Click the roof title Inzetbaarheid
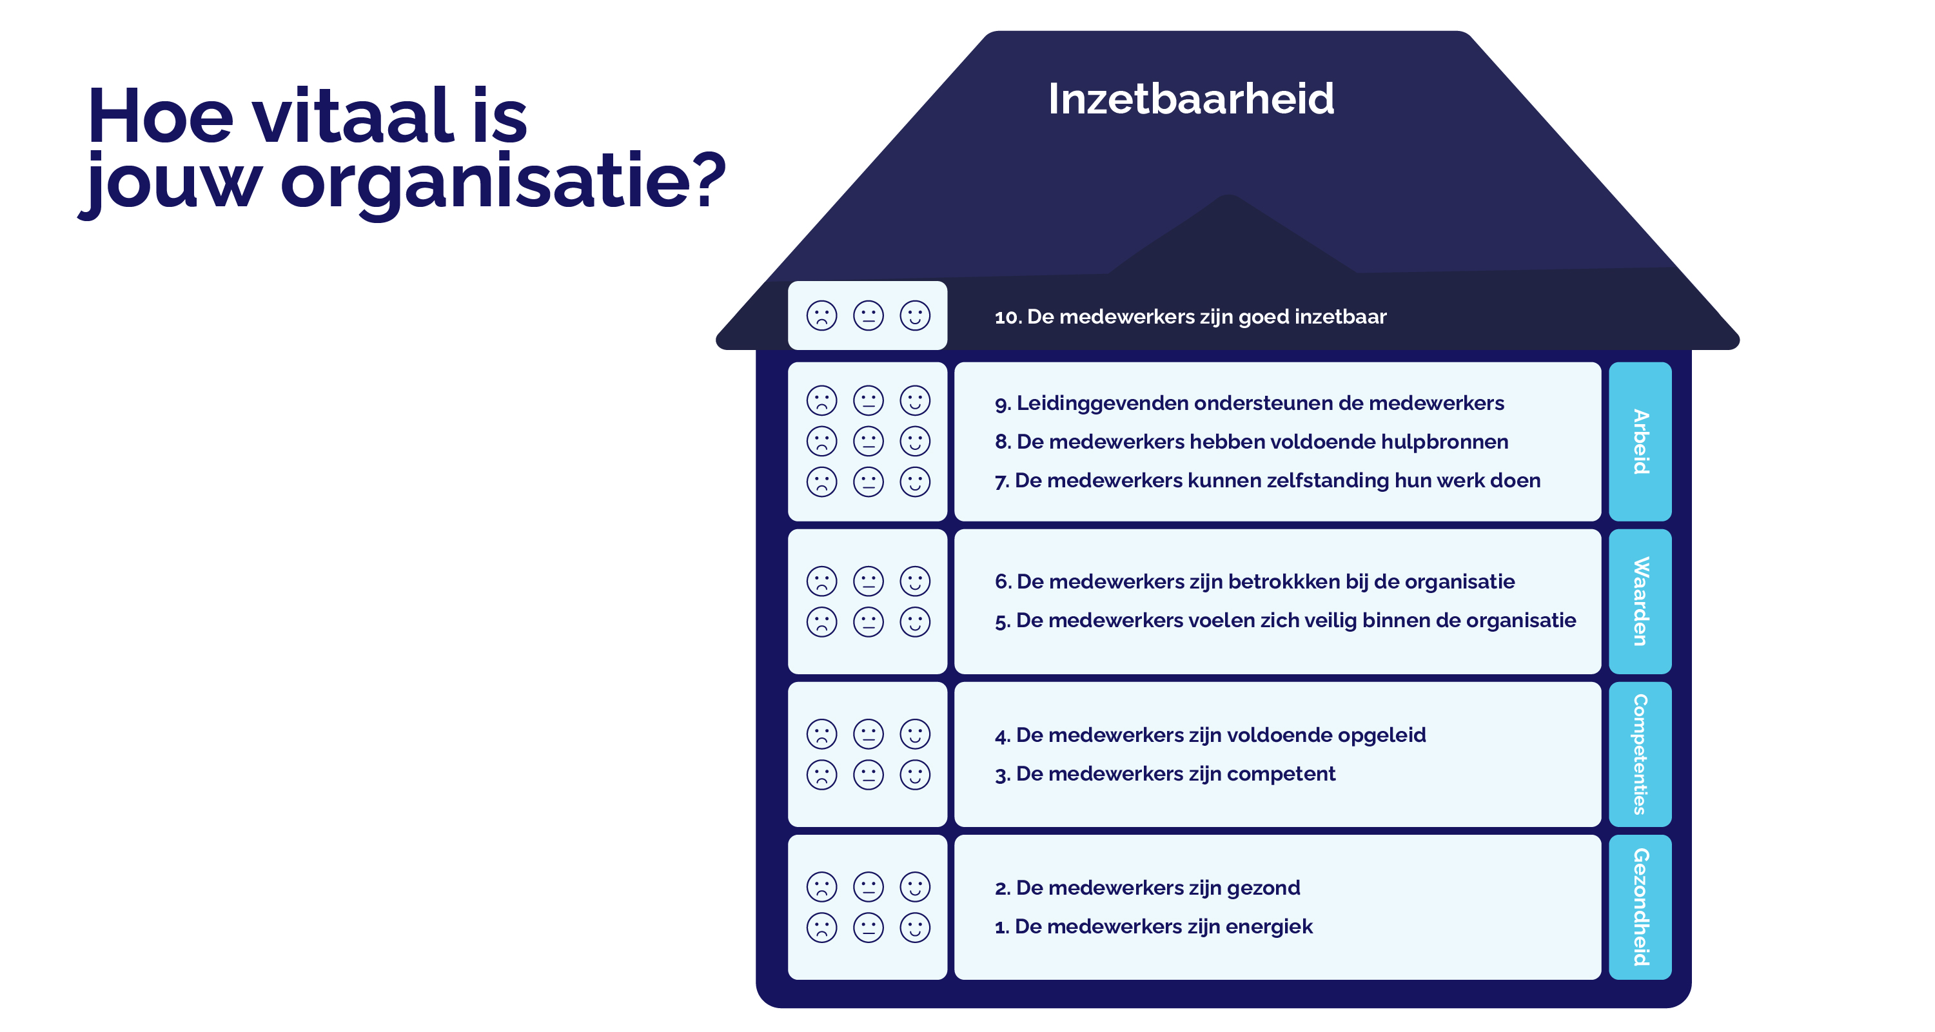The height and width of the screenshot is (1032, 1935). tap(1191, 99)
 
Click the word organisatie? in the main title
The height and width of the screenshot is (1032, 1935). tap(504, 182)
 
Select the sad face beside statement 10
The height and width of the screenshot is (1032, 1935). tap(821, 315)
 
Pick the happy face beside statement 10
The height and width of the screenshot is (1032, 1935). tap(915, 315)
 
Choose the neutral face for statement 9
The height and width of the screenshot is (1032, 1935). tap(869, 400)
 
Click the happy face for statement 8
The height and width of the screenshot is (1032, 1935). tap(915, 441)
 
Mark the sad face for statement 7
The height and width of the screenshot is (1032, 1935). tap(821, 482)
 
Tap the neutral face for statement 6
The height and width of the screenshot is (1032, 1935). tap(869, 581)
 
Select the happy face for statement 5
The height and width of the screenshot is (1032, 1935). tap(915, 622)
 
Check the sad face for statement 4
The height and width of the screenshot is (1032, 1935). tap(821, 734)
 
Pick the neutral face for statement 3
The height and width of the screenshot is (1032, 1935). tap(869, 774)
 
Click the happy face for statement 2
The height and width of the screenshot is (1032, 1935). tap(915, 886)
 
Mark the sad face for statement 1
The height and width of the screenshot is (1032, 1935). tap(821, 928)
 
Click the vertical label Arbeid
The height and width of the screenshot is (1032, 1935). tap(1640, 442)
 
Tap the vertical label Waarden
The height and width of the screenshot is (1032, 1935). tap(1640, 601)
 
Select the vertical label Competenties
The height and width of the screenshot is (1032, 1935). tap(1640, 754)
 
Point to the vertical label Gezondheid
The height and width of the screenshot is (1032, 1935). tap(1640, 906)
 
